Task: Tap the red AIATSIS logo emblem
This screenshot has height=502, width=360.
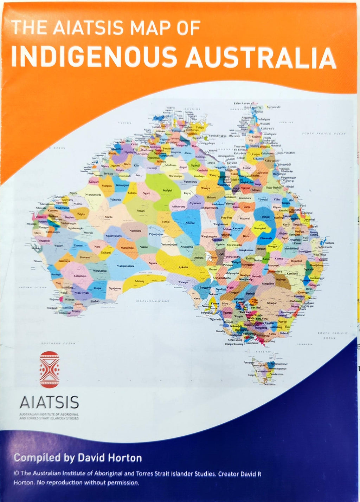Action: pyautogui.click(x=50, y=369)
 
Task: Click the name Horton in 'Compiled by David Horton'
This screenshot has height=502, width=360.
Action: pyautogui.click(x=124, y=458)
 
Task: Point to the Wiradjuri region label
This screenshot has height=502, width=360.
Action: pyautogui.click(x=272, y=303)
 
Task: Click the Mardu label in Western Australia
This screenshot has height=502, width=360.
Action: pyautogui.click(x=109, y=217)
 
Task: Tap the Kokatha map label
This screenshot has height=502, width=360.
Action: pyautogui.click(x=183, y=267)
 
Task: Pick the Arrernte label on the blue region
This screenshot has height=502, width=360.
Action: pyautogui.click(x=190, y=223)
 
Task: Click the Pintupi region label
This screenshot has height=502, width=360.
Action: pyautogui.click(x=141, y=210)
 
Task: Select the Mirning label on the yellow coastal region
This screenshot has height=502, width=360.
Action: pyautogui.click(x=140, y=281)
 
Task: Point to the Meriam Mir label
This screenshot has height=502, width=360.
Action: pyautogui.click(x=274, y=107)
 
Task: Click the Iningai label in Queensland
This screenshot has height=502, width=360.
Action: pyautogui.click(x=266, y=217)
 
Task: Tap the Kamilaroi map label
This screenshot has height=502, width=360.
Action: pyautogui.click(x=292, y=273)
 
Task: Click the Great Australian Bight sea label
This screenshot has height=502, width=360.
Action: pyautogui.click(x=153, y=301)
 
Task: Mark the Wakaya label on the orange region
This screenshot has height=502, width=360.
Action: pyautogui.click(x=205, y=188)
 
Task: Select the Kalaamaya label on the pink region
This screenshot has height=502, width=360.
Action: pyautogui.click(x=80, y=276)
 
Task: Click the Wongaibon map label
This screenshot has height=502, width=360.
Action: pyautogui.click(x=268, y=283)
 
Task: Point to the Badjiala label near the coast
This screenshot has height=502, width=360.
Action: pyautogui.click(x=329, y=243)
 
